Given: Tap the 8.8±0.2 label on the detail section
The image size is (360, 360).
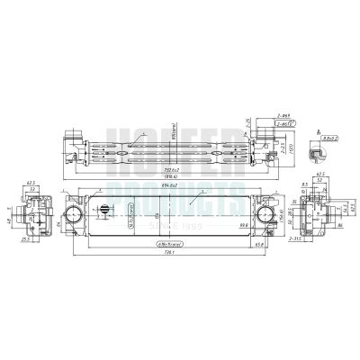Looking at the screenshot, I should tap(331, 137).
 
